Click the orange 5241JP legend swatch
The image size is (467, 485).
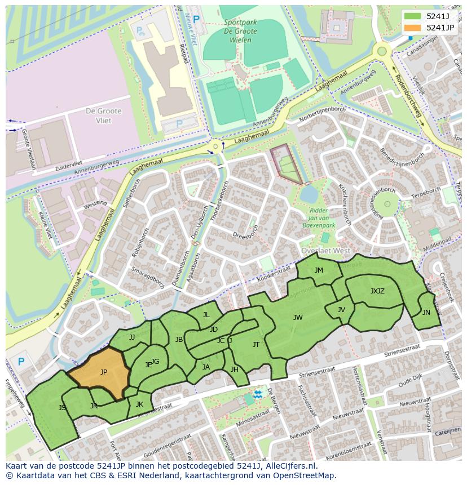[413, 28]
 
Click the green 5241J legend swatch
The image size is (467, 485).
[413, 16]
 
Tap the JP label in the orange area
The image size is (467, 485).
[104, 372]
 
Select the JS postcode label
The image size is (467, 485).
[62, 407]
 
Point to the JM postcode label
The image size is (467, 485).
[319, 270]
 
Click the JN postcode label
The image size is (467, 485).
[426, 313]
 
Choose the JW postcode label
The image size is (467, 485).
[298, 318]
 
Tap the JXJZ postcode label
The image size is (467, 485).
[377, 291]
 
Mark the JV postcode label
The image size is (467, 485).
[341, 310]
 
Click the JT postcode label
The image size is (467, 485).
[256, 345]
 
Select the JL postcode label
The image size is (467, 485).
[206, 315]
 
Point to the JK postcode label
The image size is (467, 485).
[139, 404]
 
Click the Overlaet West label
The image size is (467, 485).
[325, 251]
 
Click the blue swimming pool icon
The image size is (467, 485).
[258, 394]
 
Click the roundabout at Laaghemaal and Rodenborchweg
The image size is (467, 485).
[382, 51]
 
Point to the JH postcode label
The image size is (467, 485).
[234, 370]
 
